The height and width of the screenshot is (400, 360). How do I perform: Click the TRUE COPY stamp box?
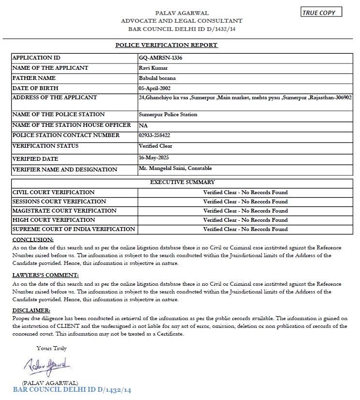tap(321, 13)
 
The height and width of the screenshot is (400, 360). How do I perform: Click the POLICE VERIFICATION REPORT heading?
tap(166, 45)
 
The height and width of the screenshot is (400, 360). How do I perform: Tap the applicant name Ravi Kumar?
tap(153, 68)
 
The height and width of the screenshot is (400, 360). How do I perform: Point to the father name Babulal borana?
tap(157, 78)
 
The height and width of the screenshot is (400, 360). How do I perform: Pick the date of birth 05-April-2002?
tap(154, 88)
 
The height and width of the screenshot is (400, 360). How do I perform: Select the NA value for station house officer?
tap(142, 125)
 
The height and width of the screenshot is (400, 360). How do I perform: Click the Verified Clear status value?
tap(155, 146)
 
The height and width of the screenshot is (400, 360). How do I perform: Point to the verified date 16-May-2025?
tap(152, 158)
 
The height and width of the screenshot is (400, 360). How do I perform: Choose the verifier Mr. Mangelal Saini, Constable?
tap(175, 169)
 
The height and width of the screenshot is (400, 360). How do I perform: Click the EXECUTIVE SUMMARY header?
tap(182, 183)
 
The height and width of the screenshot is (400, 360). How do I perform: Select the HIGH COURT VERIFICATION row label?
tap(53, 220)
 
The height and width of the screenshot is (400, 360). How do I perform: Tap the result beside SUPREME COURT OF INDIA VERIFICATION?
tap(245, 229)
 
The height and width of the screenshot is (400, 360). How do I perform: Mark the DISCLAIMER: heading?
tap(31, 310)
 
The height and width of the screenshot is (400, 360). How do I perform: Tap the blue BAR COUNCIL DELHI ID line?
tap(72, 390)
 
